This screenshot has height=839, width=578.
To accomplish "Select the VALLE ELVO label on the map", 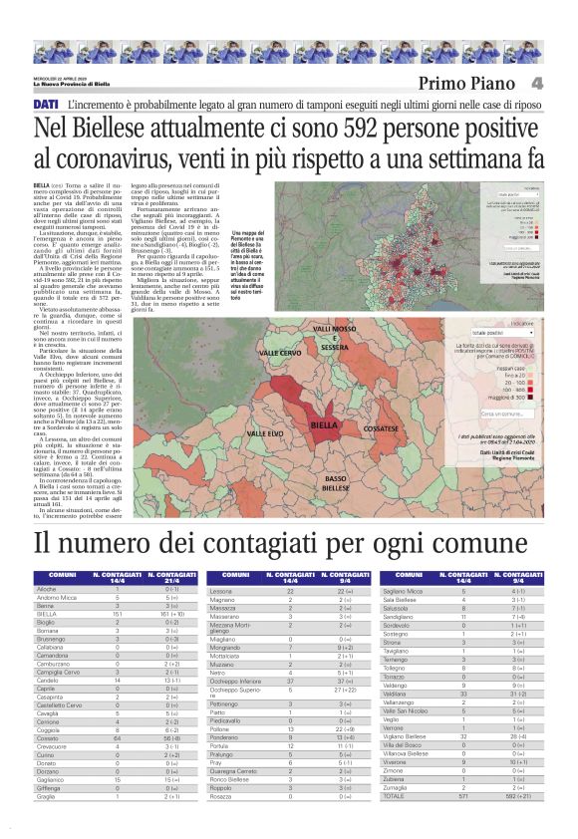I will tap(264, 433).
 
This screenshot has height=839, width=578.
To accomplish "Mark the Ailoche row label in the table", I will tap(46, 589).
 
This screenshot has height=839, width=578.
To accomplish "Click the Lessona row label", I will tap(222, 589).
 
